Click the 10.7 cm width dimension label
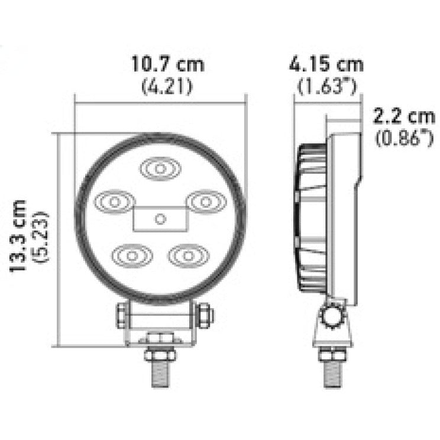167,64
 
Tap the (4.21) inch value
167,87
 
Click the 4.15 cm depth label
327,64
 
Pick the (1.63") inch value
327,87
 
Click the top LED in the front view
160,169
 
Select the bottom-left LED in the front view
132,255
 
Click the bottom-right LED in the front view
187,255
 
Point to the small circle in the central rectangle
160,219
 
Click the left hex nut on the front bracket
121,315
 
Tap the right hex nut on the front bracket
203,315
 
